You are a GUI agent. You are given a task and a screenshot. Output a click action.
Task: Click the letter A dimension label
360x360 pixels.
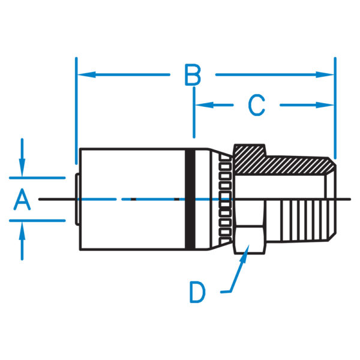[x=22, y=199]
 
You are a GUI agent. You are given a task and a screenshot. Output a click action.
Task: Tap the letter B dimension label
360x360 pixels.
[x=193, y=76]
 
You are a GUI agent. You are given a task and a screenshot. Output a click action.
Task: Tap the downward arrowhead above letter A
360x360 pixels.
[x=22, y=171]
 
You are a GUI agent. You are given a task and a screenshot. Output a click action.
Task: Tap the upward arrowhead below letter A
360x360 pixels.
[x=22, y=227]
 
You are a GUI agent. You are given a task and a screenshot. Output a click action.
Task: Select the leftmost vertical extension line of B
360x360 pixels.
[x=76, y=108]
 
